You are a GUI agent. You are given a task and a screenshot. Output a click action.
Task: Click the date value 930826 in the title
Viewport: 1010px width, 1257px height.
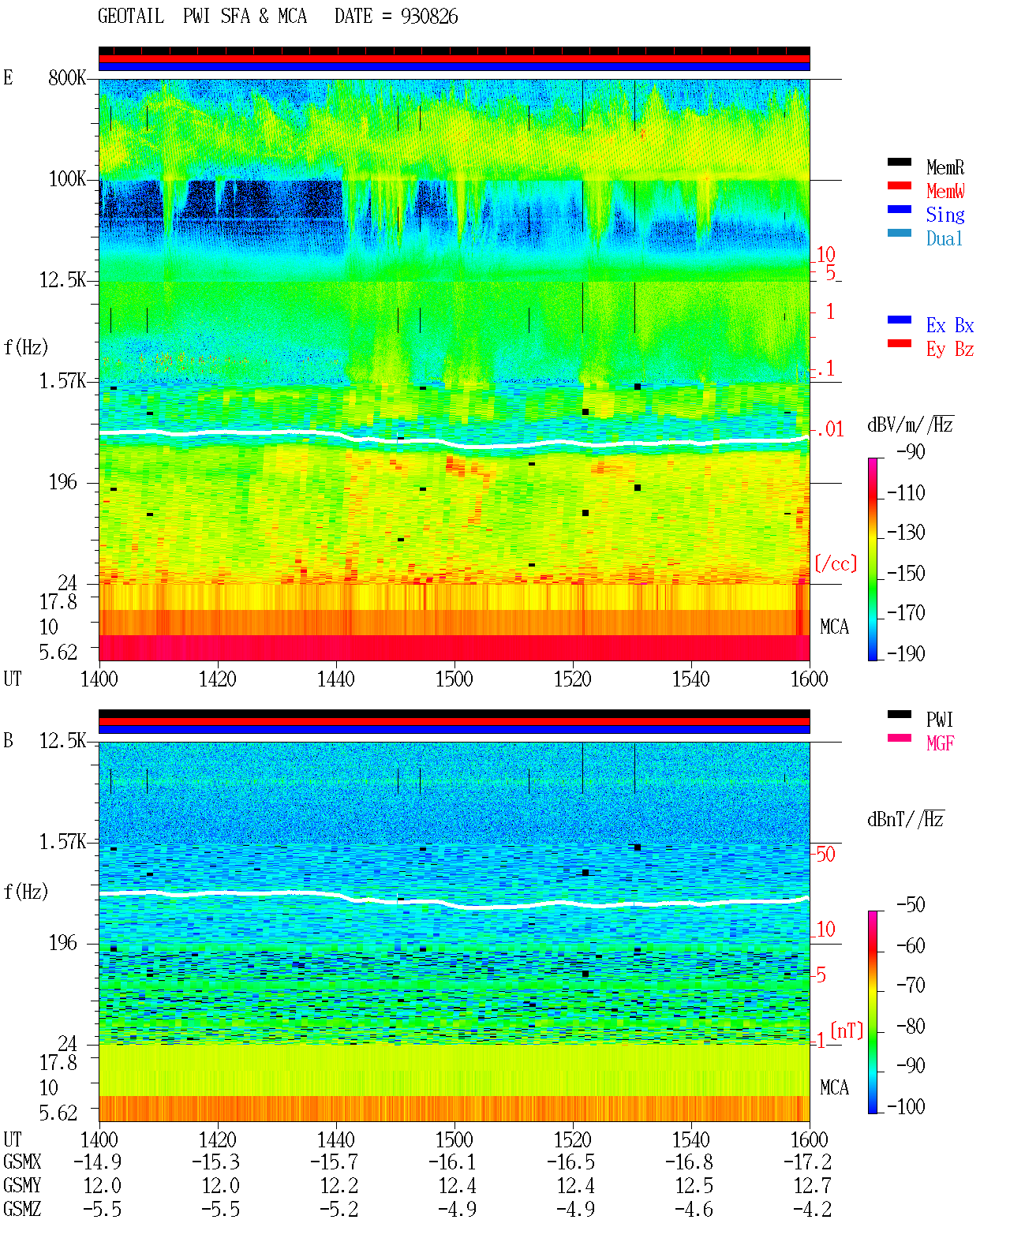click(x=428, y=17)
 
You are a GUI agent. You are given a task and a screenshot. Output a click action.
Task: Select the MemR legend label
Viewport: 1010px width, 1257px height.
click(x=945, y=167)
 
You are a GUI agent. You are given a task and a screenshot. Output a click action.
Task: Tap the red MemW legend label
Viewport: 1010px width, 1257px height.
click(x=945, y=191)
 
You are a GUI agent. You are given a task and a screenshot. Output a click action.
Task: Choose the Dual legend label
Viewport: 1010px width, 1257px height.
click(x=944, y=238)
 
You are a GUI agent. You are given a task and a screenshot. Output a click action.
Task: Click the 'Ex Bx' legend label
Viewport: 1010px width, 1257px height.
click(x=949, y=325)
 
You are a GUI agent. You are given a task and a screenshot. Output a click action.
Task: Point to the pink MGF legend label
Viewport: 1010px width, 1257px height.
click(x=940, y=743)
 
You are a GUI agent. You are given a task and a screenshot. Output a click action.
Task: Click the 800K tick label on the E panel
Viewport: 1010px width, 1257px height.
click(x=66, y=77)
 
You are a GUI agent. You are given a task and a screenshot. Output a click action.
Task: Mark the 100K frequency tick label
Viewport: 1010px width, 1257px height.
click(x=66, y=179)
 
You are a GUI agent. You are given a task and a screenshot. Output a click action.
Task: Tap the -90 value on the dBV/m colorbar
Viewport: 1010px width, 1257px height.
click(x=910, y=451)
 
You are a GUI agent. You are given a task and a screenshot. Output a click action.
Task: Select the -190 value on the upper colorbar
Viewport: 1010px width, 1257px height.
click(x=905, y=653)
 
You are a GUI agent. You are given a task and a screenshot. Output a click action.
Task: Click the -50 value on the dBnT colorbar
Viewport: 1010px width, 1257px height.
click(x=910, y=905)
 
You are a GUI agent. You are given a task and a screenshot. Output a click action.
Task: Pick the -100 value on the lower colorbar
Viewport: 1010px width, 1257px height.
click(x=905, y=1106)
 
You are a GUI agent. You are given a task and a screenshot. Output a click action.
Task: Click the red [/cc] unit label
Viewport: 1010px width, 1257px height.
click(x=836, y=563)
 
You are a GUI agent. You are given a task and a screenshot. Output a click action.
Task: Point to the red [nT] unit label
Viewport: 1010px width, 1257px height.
click(x=847, y=1031)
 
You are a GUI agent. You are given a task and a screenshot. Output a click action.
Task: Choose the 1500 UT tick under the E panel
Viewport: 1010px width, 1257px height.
click(x=454, y=679)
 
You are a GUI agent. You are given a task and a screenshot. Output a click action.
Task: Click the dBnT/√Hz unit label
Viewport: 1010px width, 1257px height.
click(x=905, y=820)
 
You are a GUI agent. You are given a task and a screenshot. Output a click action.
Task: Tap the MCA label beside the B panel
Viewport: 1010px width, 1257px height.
click(x=834, y=1087)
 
